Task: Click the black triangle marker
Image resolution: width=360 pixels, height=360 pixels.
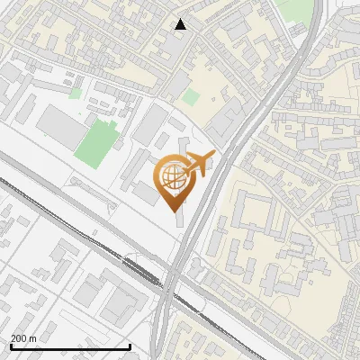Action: click(x=181, y=24)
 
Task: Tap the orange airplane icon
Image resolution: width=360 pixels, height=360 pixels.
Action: click(x=199, y=164)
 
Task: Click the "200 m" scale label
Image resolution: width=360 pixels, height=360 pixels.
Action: click(x=24, y=338)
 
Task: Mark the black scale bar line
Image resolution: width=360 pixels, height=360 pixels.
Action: click(x=70, y=346)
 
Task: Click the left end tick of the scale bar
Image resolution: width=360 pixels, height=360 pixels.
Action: click(x=11, y=346)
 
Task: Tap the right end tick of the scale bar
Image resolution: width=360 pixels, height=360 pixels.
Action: click(x=130, y=346)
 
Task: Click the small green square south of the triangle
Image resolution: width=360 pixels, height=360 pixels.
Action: click(x=189, y=96)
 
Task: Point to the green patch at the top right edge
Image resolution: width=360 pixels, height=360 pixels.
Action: click(x=293, y=9)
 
